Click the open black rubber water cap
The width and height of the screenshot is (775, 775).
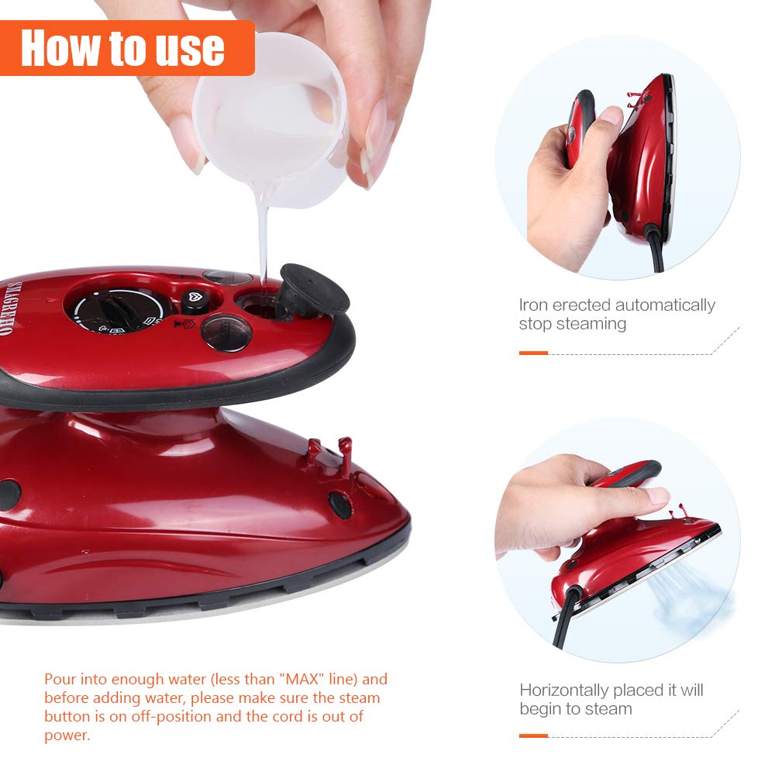pos(313,288)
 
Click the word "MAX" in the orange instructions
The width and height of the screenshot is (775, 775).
pos(306,680)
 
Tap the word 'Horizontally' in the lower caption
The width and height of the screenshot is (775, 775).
pos(564,690)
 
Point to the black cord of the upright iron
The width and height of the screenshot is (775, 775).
pos(657,252)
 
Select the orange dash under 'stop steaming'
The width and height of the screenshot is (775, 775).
pos(533,353)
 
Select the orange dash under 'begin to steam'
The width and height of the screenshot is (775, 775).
pos(533,735)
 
